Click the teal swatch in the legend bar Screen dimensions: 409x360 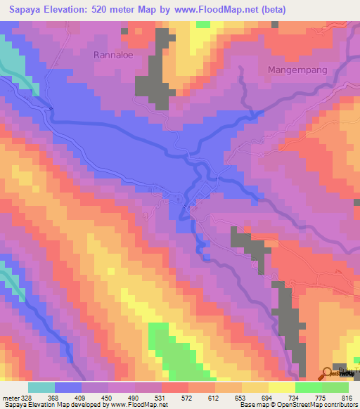point(41,387)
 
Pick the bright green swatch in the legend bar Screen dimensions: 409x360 point(309,387)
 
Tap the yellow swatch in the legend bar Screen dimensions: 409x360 point(255,387)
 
